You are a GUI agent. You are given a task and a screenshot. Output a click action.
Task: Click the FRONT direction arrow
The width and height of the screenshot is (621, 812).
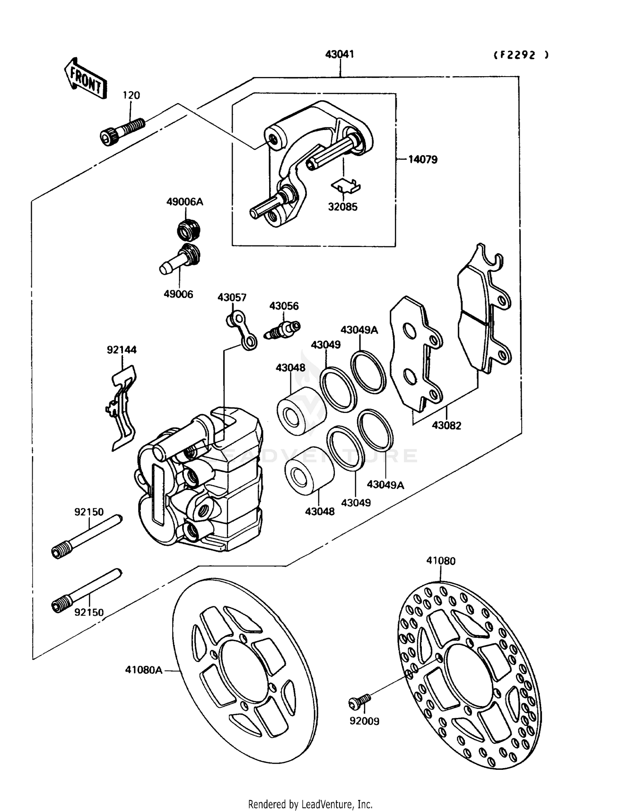click(85, 79)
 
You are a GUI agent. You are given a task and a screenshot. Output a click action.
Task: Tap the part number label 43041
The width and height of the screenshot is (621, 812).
click(339, 54)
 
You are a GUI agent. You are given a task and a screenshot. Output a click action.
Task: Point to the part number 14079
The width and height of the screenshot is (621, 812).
click(423, 160)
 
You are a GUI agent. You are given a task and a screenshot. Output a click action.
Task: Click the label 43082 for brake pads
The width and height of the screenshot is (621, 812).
click(446, 425)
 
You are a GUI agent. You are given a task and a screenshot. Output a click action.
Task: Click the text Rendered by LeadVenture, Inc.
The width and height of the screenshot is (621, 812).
click(310, 804)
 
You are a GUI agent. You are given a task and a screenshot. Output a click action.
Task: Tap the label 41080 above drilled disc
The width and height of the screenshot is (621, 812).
click(441, 561)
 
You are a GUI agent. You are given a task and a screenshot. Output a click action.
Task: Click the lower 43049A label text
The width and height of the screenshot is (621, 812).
click(385, 485)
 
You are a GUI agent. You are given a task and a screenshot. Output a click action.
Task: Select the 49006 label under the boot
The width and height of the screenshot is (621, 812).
click(178, 294)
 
